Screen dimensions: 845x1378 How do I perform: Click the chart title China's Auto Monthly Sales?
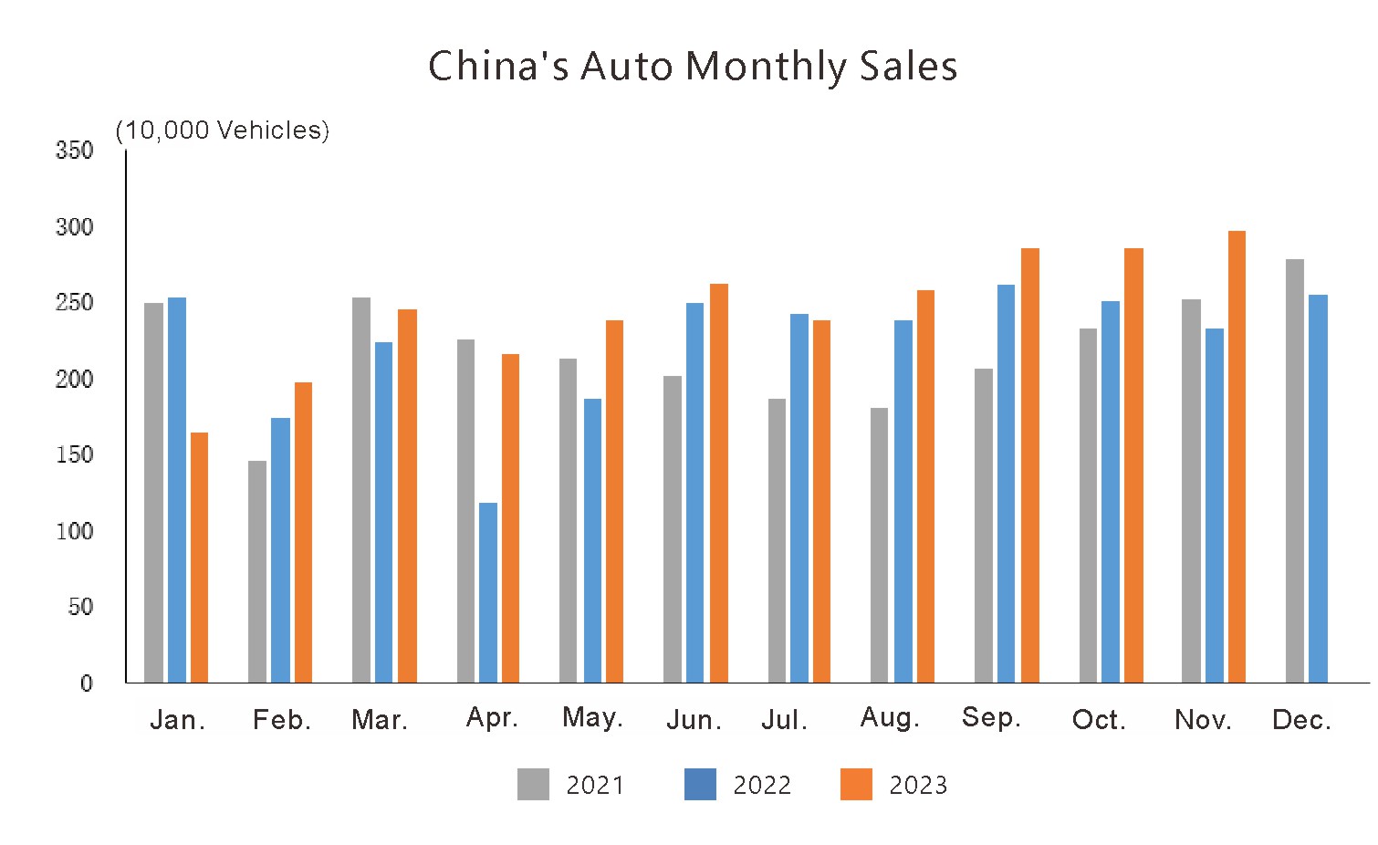(693, 67)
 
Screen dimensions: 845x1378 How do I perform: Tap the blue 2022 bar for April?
(488, 592)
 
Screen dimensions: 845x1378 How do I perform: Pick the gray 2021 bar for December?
(1294, 470)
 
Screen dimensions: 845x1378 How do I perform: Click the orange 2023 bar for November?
(1237, 456)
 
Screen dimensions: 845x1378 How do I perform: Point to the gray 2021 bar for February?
(257, 571)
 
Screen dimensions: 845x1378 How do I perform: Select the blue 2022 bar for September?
(1006, 484)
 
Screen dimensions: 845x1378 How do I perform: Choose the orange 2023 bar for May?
(614, 501)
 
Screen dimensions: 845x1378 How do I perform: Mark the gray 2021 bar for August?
(879, 545)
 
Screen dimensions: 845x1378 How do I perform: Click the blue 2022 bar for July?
(799, 497)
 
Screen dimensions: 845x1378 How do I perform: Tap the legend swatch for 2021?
(533, 784)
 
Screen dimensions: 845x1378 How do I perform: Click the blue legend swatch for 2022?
(700, 784)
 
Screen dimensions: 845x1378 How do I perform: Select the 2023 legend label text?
(918, 786)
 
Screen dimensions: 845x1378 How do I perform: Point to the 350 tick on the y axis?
(75, 151)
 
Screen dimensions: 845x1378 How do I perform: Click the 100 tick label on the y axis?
(75, 531)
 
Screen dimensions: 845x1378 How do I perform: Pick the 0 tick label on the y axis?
(87, 683)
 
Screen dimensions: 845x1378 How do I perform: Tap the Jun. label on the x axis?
(694, 720)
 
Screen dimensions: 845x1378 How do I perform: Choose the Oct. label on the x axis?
(1099, 720)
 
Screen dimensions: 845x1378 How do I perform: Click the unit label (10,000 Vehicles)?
(223, 130)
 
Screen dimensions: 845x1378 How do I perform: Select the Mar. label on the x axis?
(380, 720)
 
